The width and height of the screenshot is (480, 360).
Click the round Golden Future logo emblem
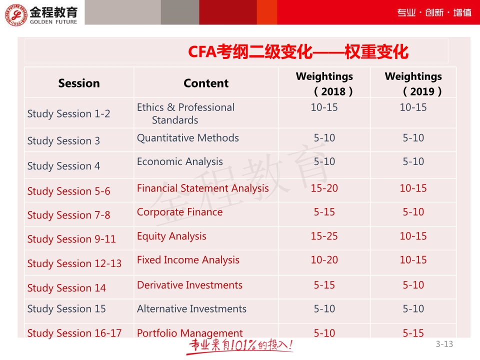pyautogui.click(x=16, y=14)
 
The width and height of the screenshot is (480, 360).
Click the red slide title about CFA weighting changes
pyautogui.click(x=298, y=51)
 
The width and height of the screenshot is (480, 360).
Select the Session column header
pyautogui.click(x=79, y=83)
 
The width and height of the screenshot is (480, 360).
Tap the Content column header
pyautogui.click(x=206, y=83)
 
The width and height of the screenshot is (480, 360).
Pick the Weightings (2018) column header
pyautogui.click(x=324, y=83)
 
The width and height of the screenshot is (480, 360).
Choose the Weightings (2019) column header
pyautogui.click(x=413, y=83)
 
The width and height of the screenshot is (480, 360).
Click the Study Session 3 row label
pyautogui.click(x=63, y=141)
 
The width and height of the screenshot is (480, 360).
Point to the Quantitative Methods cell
pyautogui.click(x=187, y=138)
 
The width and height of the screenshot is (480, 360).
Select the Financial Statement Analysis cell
pyautogui.click(x=202, y=188)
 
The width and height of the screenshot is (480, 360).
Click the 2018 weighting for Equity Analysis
pyautogui.click(x=324, y=236)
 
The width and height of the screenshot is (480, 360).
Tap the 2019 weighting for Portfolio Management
pyautogui.click(x=413, y=333)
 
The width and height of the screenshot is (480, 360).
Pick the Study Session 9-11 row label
pyautogui.click(x=71, y=239)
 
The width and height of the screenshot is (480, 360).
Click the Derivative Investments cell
pyautogui.click(x=189, y=285)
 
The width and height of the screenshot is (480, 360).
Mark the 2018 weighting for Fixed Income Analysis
pyautogui.click(x=324, y=260)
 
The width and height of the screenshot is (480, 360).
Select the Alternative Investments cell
pyautogui.click(x=191, y=309)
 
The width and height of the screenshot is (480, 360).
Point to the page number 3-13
pyautogui.click(x=444, y=344)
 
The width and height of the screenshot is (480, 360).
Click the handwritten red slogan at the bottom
pyautogui.click(x=240, y=346)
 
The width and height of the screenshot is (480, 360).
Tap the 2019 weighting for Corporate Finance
pyautogui.click(x=413, y=212)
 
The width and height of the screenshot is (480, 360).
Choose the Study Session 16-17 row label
pyautogui.click(x=74, y=333)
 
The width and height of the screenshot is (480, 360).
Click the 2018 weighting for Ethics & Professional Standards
pyautogui.click(x=324, y=107)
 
